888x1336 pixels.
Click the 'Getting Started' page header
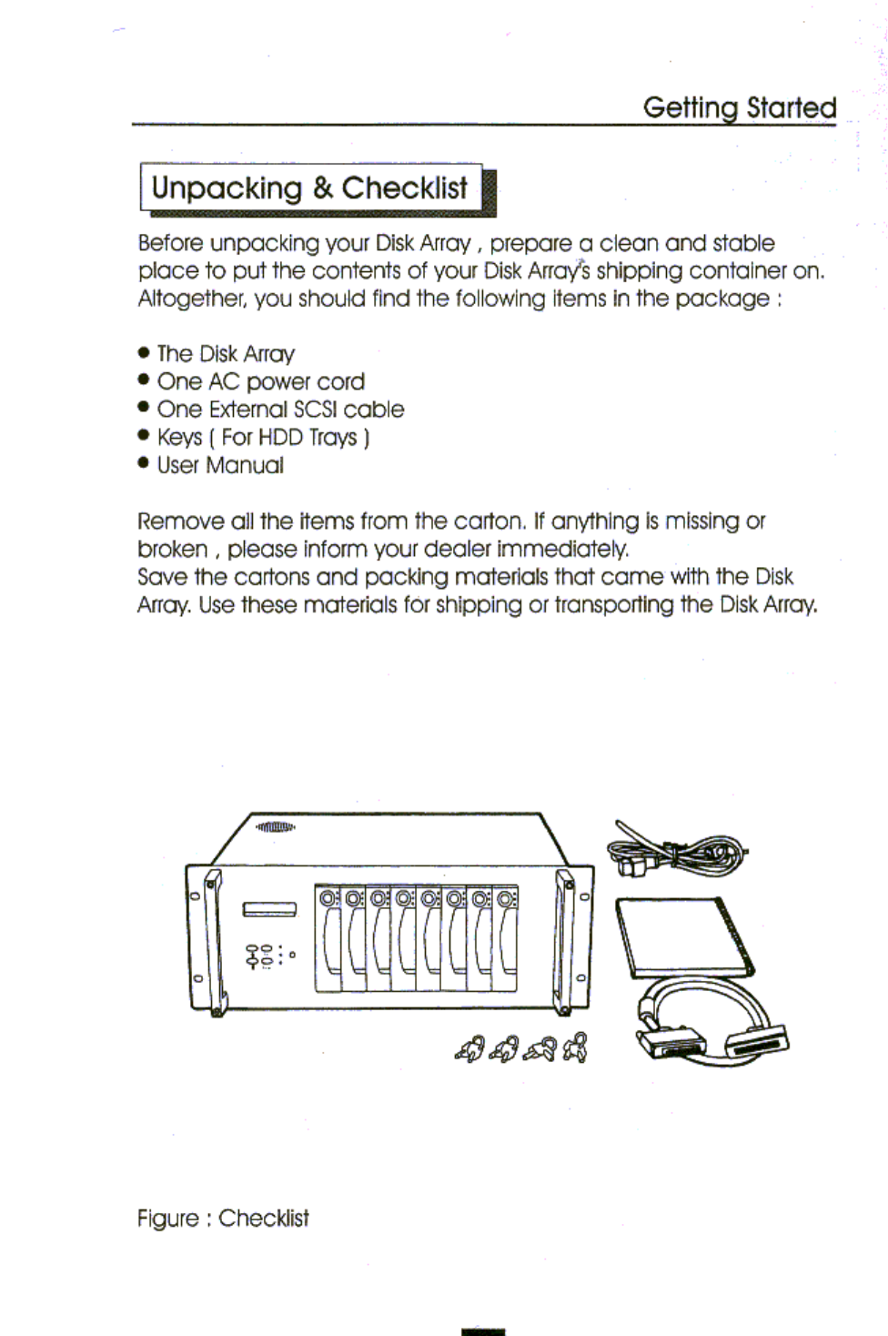coord(739,107)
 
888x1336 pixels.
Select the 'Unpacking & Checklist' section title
coord(309,187)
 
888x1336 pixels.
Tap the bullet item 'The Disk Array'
coord(226,353)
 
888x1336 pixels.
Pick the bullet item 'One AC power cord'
coord(260,381)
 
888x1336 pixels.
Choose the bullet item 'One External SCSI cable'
coord(280,410)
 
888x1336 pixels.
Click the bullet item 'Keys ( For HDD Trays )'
coord(263,438)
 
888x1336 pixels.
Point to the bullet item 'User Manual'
coord(220,465)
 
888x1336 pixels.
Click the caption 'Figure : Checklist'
coord(223,1218)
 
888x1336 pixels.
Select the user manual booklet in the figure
coord(684,935)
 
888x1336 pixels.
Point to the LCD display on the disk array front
coord(269,909)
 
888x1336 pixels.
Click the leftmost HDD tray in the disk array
coord(328,938)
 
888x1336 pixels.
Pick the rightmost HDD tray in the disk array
coord(505,938)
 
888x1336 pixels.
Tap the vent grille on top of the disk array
coord(275,827)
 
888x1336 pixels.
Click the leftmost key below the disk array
coord(468,1049)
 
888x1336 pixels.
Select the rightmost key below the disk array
coord(576,1049)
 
